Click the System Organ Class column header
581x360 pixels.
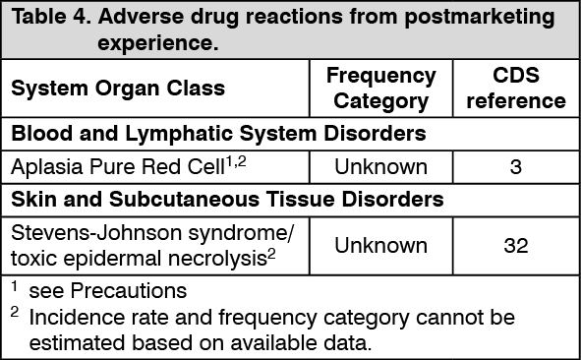coord(118,89)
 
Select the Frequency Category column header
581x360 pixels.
coord(380,88)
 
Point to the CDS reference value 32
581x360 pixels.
coord(515,245)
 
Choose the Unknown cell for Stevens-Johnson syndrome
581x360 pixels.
coord(380,245)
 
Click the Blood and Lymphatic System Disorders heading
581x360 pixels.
coord(218,132)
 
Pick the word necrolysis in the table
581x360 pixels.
coord(225,258)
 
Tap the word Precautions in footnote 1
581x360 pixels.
coord(125,292)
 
